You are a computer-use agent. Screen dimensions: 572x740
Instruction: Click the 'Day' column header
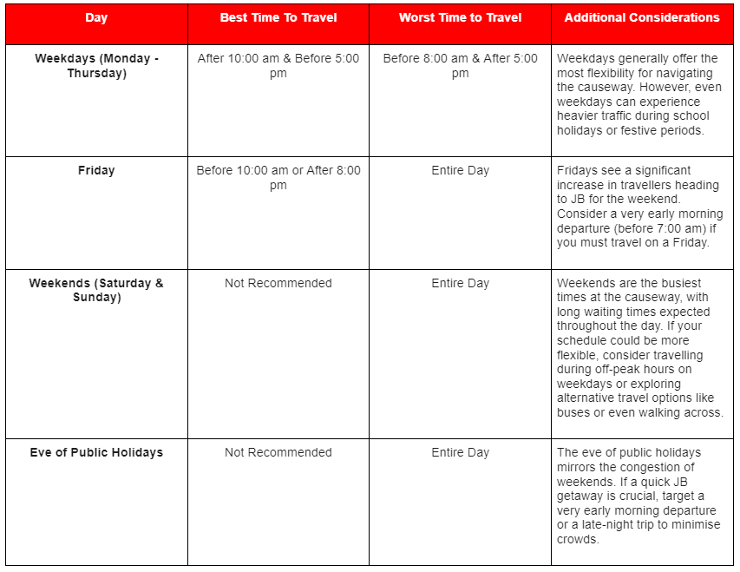(96, 17)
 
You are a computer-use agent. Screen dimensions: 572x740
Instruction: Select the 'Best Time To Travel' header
(278, 17)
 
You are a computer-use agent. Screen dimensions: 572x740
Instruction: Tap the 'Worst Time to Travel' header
(460, 17)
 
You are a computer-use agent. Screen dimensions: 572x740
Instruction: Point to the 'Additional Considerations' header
(642, 17)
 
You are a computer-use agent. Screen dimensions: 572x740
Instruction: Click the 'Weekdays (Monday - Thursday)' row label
(96, 66)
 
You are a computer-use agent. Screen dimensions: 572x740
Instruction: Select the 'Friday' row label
(96, 171)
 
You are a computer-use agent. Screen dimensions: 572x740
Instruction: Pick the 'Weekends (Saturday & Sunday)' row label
(96, 290)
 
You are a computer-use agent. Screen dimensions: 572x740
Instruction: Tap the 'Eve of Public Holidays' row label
(96, 452)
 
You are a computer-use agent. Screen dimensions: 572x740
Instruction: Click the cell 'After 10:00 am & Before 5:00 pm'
(278, 66)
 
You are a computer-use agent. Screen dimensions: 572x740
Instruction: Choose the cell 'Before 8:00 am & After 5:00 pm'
(460, 66)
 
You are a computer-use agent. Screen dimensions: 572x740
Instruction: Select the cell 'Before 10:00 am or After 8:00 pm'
(278, 178)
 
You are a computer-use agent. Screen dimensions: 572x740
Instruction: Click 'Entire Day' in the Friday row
(460, 171)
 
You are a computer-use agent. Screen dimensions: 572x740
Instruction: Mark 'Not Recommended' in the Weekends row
(278, 283)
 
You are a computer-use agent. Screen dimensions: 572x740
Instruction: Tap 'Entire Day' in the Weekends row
(460, 283)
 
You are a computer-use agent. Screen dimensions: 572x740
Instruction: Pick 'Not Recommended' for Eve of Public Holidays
(278, 452)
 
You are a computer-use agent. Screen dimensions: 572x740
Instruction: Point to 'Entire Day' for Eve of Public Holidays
(460, 452)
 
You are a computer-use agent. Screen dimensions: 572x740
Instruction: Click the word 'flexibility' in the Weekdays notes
(619, 73)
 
